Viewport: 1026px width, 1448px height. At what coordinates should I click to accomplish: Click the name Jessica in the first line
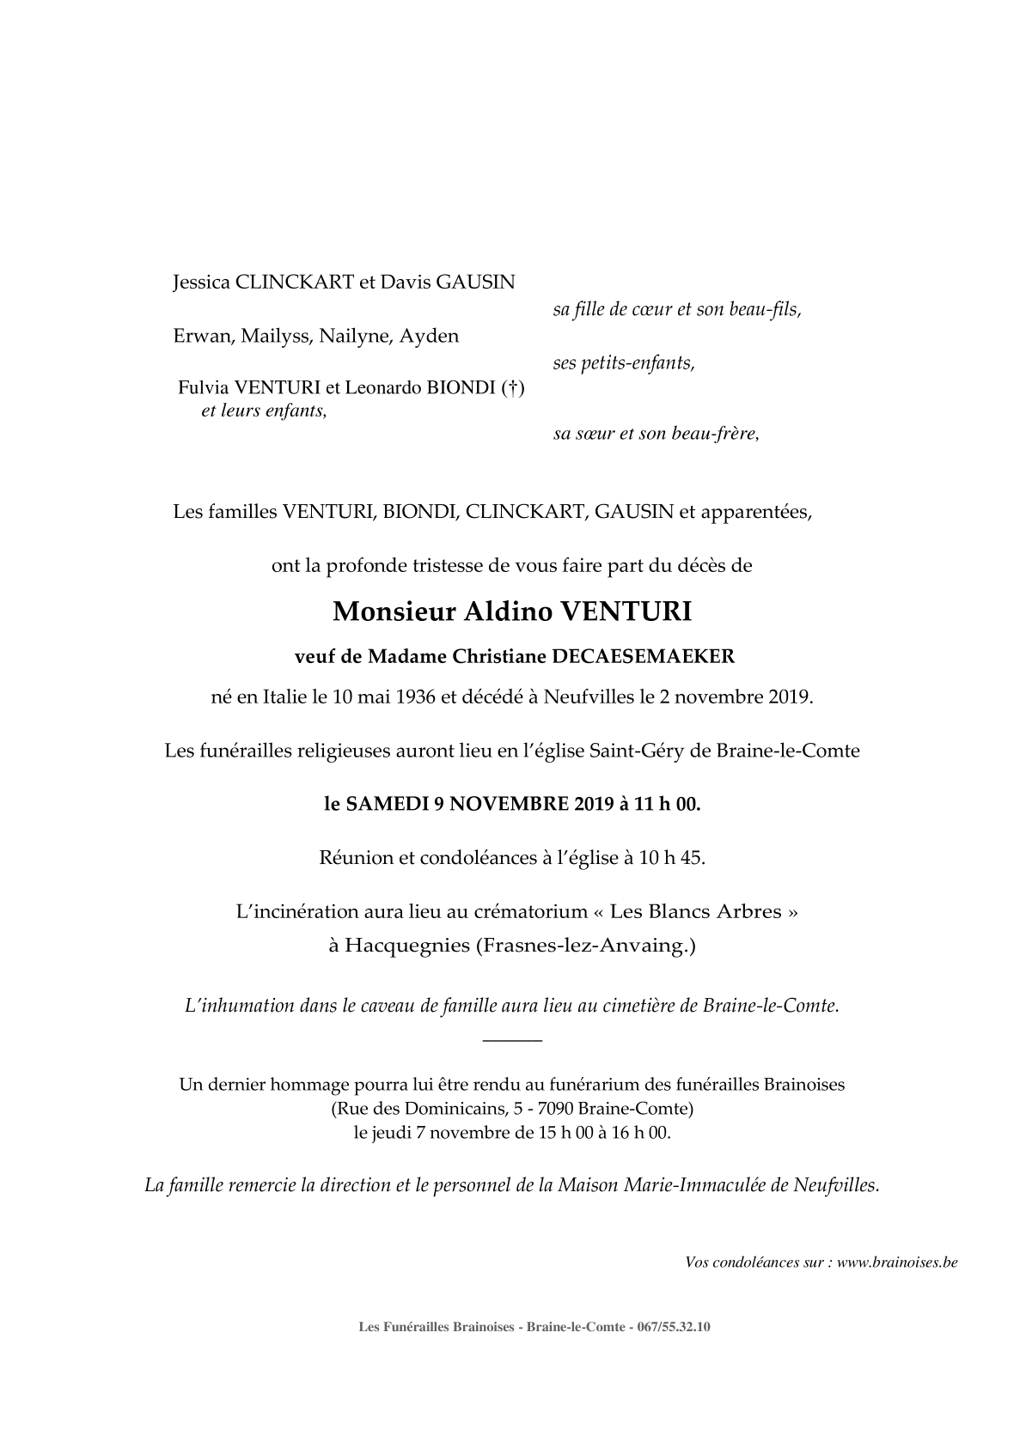(201, 283)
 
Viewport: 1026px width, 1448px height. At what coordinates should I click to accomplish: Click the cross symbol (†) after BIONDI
(511, 388)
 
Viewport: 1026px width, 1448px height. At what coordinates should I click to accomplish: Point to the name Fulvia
(202, 388)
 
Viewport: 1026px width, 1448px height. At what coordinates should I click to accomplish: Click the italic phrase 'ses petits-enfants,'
(624, 363)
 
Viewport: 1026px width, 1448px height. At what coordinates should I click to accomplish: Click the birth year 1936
(415, 697)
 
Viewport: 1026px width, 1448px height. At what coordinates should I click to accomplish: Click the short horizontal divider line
(513, 1041)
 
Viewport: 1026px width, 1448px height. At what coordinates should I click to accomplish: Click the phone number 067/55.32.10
(675, 1327)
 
